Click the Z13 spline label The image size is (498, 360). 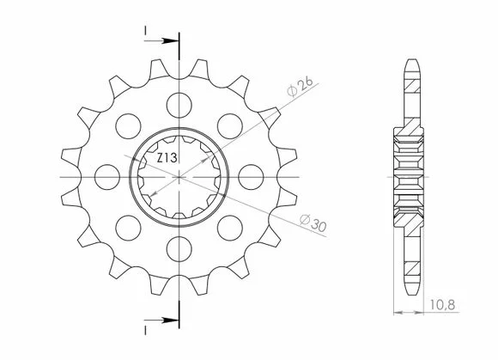coord(167,157)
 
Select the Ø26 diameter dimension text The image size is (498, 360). coord(300,86)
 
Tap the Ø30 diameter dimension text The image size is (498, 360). coord(313,223)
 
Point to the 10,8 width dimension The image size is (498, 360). coord(442,305)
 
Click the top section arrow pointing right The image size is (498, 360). coord(161,40)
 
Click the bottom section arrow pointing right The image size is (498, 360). coord(161,320)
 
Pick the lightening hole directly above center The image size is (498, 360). coord(179,105)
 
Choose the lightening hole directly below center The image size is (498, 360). coord(179,249)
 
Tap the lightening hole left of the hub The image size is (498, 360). coord(107,177)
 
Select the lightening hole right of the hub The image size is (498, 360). coord(251,177)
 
